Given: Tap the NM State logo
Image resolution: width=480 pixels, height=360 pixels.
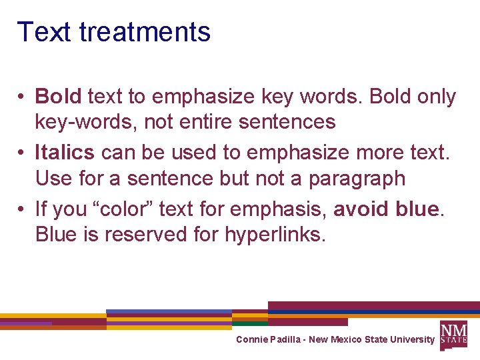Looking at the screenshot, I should coord(453,334).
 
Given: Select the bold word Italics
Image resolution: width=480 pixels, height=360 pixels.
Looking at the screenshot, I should coord(65,152).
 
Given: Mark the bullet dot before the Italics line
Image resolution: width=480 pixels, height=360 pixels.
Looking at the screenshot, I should coord(22,153).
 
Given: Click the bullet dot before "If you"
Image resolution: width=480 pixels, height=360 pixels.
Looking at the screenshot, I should coord(22,209).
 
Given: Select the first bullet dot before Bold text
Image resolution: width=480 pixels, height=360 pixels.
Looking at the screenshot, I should coord(22,97).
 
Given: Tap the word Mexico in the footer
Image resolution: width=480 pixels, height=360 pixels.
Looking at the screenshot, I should coord(345,339).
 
